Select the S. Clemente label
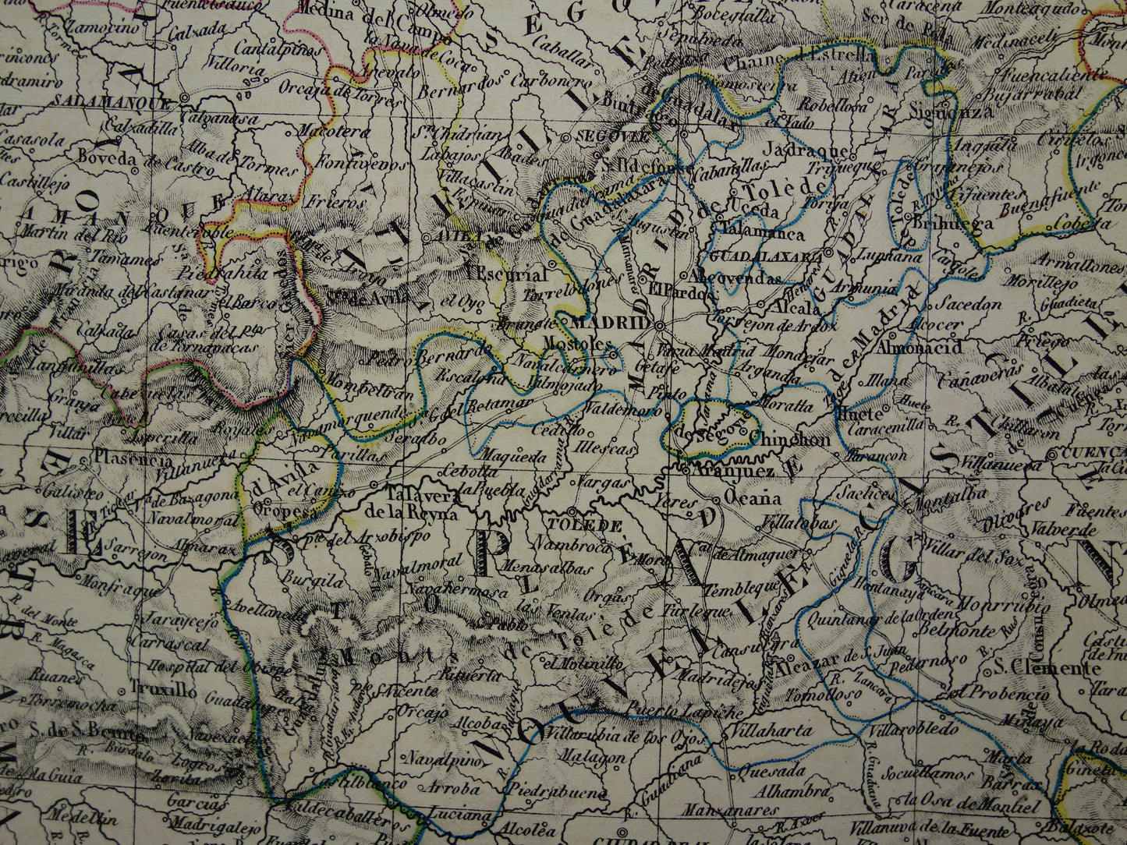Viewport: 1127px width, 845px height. click(x=1046, y=667)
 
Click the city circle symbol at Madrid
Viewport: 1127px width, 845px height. click(x=659, y=325)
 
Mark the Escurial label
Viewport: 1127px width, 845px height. click(x=507, y=274)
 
